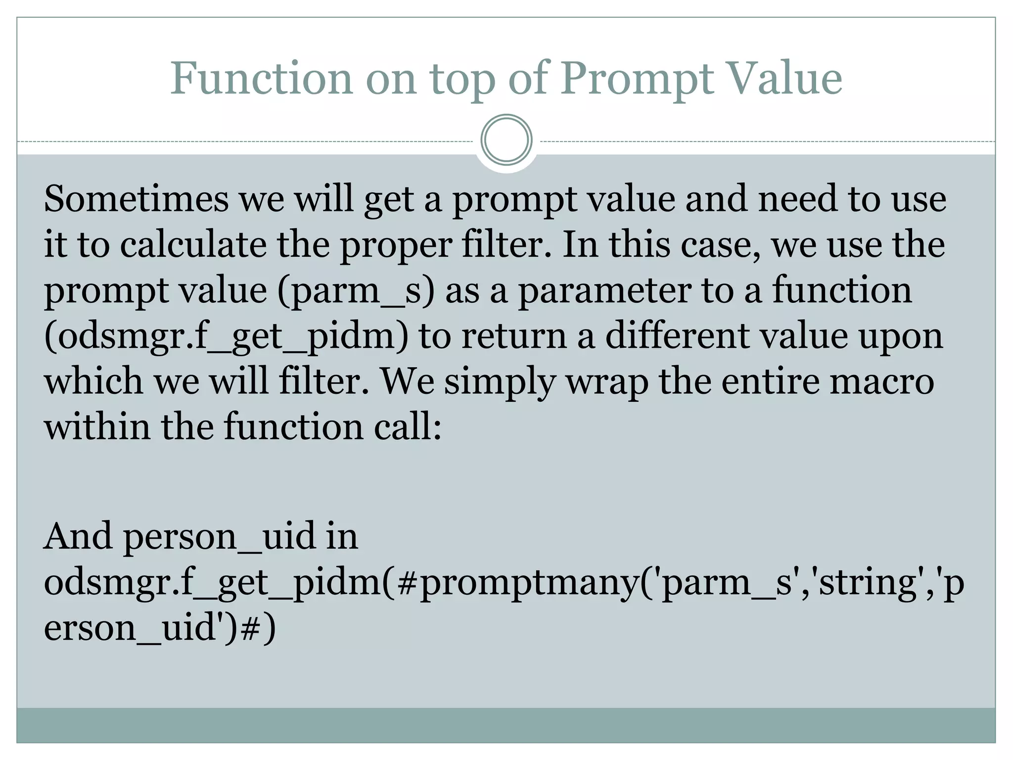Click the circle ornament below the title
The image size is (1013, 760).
coord(506,140)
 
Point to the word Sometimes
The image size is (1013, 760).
coord(136,199)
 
